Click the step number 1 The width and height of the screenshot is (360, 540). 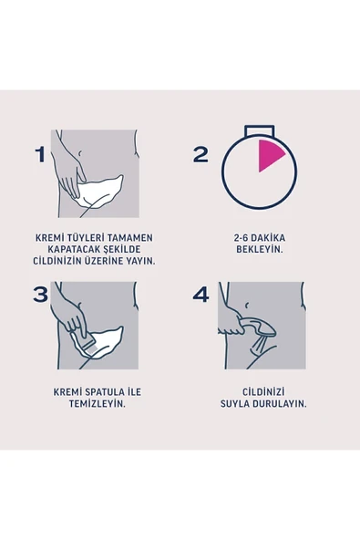(x=39, y=154)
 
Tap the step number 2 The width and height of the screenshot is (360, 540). (x=201, y=154)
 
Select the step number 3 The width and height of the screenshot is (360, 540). (x=40, y=295)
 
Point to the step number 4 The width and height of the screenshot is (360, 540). (x=201, y=295)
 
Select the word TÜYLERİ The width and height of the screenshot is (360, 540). (x=89, y=237)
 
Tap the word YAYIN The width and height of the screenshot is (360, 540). (x=139, y=260)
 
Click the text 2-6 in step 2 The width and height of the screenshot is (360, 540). (x=242, y=237)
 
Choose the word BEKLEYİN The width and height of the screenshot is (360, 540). (x=257, y=248)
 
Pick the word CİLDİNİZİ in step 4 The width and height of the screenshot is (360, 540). (x=256, y=392)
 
